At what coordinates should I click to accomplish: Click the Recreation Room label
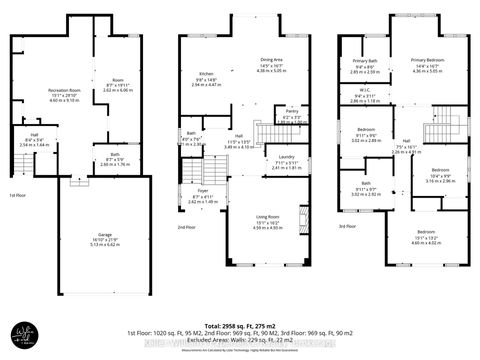point(64,90)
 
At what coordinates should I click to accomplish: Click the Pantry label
point(292,113)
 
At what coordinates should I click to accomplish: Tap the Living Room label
point(267,215)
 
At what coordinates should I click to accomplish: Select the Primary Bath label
point(364,62)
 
